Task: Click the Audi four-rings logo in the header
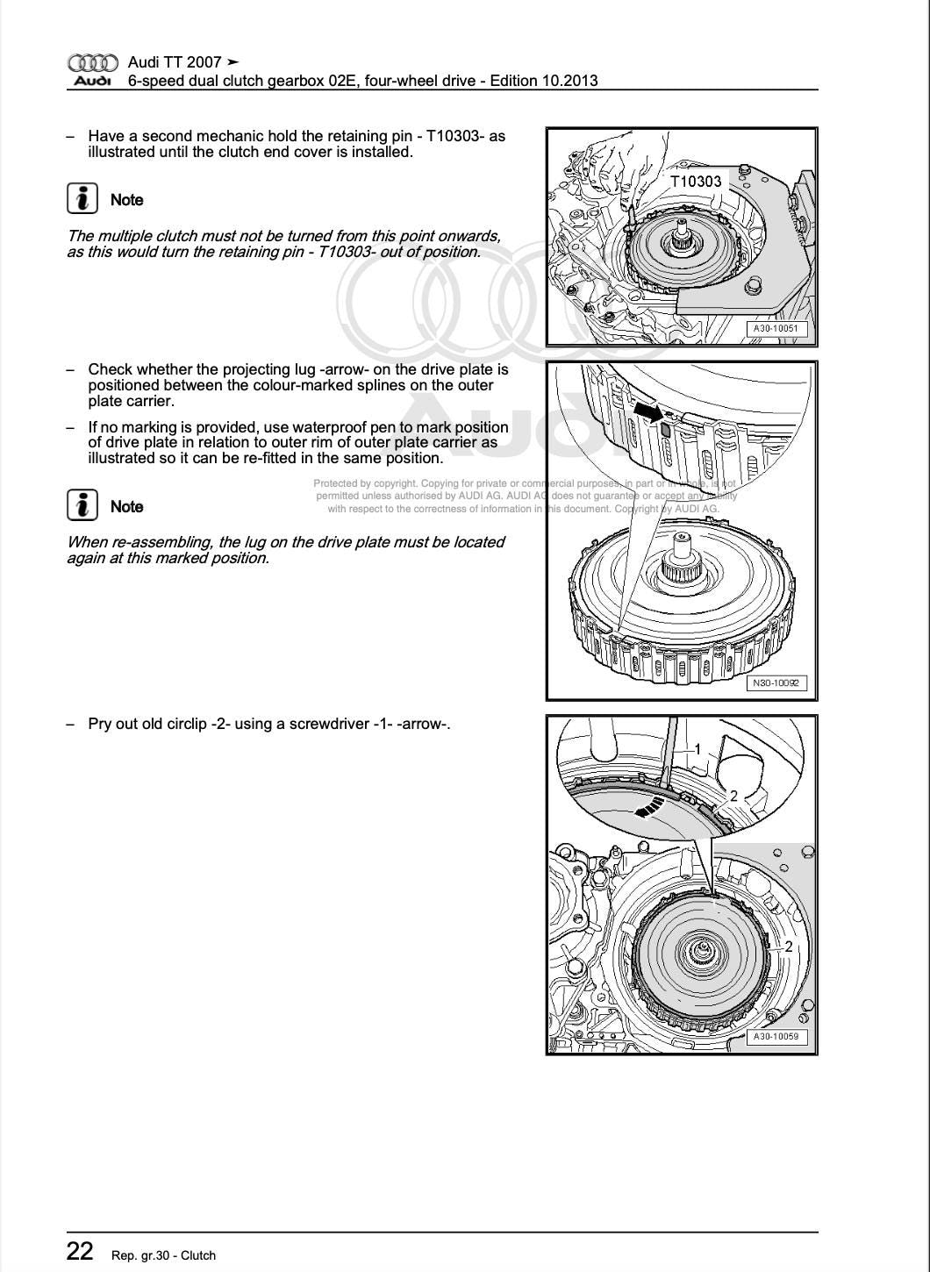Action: (x=92, y=63)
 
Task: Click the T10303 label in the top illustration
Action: (x=695, y=182)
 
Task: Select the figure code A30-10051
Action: (x=776, y=330)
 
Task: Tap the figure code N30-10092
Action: (x=776, y=683)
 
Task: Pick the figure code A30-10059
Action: (x=776, y=1037)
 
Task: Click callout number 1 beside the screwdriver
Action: (x=697, y=749)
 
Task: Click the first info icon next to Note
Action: (x=82, y=199)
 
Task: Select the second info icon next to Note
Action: (x=82, y=506)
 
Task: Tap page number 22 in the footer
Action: (x=80, y=1252)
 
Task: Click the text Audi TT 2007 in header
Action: (x=175, y=62)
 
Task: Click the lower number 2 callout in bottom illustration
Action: (x=788, y=947)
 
